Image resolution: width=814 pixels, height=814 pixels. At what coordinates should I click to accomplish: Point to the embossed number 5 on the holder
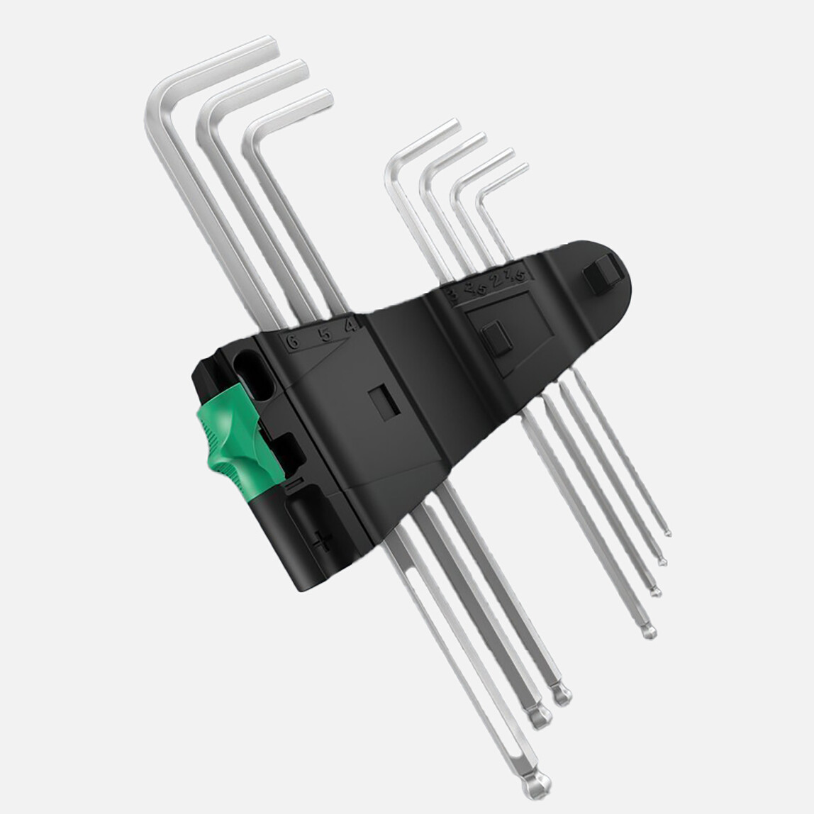tap(323, 332)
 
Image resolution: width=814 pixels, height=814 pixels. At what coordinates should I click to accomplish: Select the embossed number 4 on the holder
tap(349, 325)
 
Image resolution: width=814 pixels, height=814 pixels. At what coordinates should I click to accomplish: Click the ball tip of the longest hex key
tap(540, 781)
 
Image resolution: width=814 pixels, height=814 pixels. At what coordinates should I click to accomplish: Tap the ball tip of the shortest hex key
tap(667, 531)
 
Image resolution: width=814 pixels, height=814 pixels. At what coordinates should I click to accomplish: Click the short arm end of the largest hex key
tap(273, 43)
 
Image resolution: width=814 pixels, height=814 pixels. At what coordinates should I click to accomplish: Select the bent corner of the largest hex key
tap(157, 96)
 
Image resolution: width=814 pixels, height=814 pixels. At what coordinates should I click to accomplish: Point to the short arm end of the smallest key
tap(524, 169)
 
